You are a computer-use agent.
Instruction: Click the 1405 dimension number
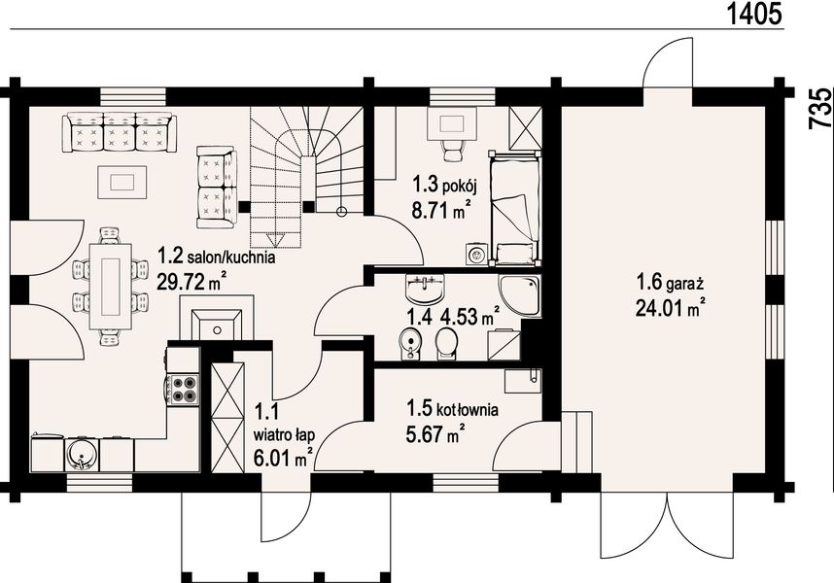tap(754, 14)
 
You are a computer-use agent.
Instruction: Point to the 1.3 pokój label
tap(444, 185)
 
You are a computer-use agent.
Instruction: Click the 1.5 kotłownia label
tap(453, 409)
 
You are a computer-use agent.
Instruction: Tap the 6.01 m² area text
tap(283, 458)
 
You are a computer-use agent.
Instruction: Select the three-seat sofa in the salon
tap(117, 131)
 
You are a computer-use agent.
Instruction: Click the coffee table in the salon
tap(122, 182)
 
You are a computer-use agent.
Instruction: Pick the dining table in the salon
tap(111, 287)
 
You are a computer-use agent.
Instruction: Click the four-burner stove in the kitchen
tap(184, 389)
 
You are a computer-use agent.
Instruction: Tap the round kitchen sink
tap(81, 455)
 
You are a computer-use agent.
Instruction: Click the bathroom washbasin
tap(424, 289)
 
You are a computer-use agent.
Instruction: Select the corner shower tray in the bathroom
tap(519, 295)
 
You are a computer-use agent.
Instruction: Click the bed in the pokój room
tap(514, 207)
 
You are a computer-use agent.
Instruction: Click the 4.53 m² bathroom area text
tap(469, 316)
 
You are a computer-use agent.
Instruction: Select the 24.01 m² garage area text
tap(671, 307)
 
